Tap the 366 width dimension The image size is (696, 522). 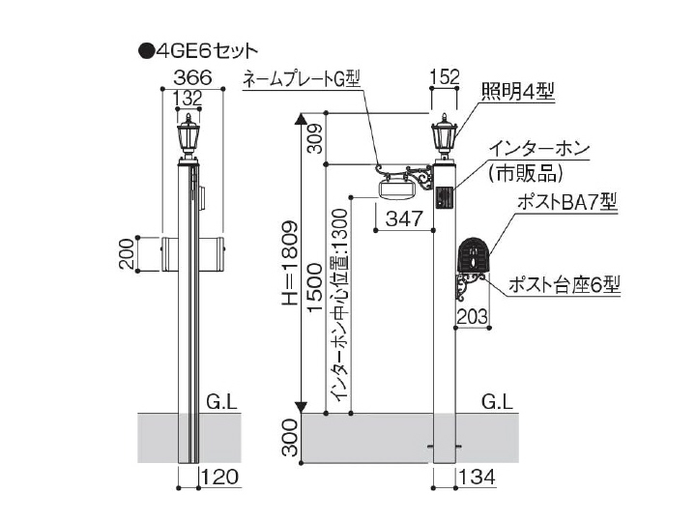coord(191,77)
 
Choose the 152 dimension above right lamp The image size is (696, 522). coord(444,77)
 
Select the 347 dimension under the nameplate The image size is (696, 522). coord(404,218)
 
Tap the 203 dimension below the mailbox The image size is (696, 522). coord(471,315)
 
